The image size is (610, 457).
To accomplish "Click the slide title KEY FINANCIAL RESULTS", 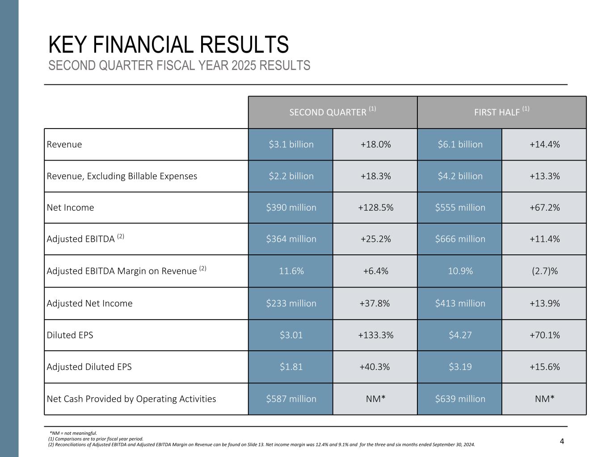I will pos(168,45).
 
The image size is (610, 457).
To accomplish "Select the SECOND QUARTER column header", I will pos(332,112).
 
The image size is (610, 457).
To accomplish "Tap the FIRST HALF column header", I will pos(501,112).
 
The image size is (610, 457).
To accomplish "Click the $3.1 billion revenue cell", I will pos(291,145).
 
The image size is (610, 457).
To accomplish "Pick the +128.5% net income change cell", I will pos(375,208).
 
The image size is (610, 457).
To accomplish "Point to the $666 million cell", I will pos(460,239).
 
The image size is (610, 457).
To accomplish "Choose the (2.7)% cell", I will pos(544,271).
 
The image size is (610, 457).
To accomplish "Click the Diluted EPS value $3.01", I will pos(291,335).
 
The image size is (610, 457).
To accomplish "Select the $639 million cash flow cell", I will pos(460,399).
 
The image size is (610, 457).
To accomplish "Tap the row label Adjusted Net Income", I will pos(90,303).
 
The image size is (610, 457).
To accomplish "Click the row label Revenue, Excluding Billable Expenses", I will pos(122,176).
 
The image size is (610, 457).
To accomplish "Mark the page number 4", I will pos(562,442).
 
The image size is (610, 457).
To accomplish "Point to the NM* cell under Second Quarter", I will pos(375,399).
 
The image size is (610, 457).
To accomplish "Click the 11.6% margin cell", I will pos(291,271).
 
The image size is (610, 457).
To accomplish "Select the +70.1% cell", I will pos(544,335).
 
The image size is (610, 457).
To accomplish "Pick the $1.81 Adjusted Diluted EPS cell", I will pos(291,367).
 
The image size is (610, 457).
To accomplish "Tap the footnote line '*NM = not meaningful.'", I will pos(73,433).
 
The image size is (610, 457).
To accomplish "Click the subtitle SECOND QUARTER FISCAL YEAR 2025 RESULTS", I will pos(179,66).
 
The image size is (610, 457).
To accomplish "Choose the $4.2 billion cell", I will pos(460,176).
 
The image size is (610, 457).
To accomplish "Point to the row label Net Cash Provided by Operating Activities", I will pos(131,399).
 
